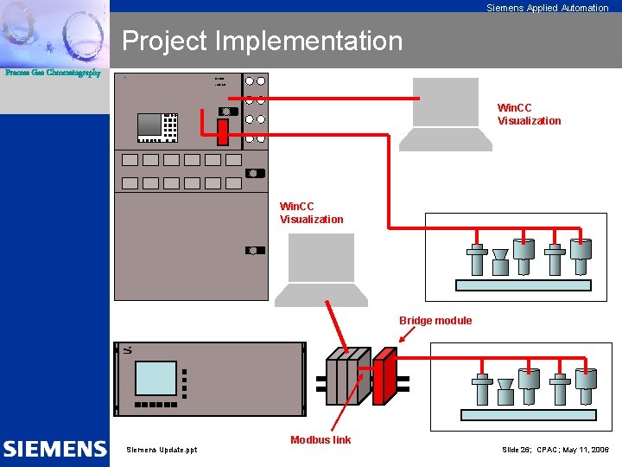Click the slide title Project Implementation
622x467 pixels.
click(262, 41)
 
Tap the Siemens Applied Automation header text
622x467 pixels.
click(547, 8)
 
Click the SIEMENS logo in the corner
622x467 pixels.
click(54, 449)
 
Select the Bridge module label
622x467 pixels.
click(435, 321)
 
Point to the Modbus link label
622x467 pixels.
click(321, 440)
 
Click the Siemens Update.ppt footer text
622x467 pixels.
click(162, 450)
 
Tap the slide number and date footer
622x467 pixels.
click(555, 450)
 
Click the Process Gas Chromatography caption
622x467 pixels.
click(53, 73)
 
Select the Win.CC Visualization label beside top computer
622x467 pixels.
click(529, 114)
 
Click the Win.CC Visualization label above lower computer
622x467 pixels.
click(311, 213)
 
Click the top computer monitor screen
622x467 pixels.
click(446, 101)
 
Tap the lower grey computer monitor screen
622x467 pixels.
click(321, 257)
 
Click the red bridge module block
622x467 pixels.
click(384, 377)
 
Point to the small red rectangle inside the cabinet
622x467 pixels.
click(222, 132)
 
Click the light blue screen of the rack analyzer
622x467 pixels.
click(156, 378)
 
